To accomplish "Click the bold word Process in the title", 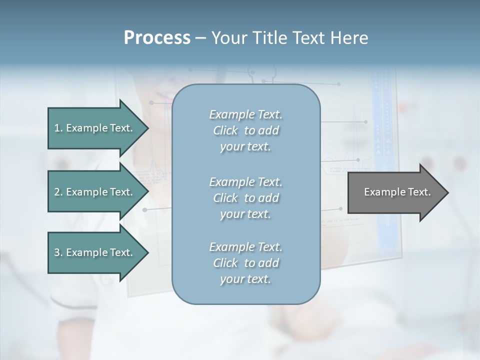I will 157,38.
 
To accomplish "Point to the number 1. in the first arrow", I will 58,128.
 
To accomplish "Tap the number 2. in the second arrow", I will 58,192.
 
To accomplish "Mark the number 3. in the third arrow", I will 58,252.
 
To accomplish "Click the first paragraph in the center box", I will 245,130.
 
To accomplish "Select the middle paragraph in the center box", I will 245,197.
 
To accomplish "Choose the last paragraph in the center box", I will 245,262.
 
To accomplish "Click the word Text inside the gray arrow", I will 419,192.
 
